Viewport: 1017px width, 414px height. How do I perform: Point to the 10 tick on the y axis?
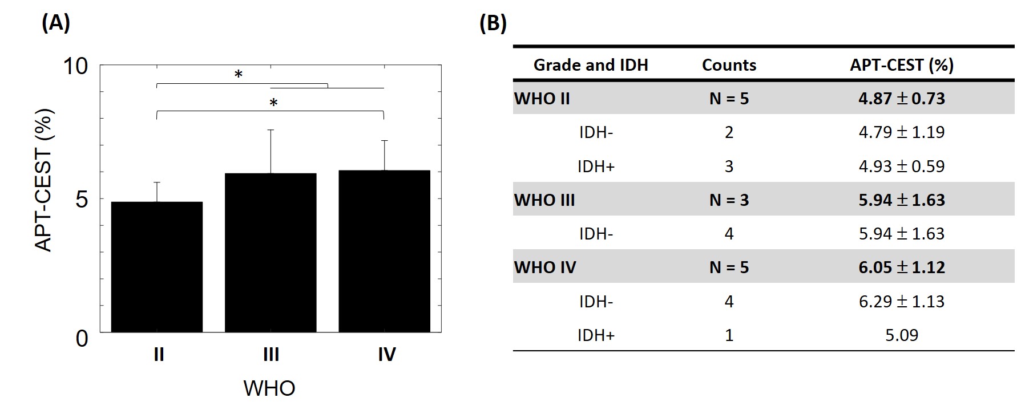pyautogui.click(x=76, y=66)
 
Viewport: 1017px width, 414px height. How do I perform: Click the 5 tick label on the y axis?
pyautogui.click(x=82, y=199)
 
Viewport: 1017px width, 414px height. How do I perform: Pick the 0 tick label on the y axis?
pyautogui.click(x=82, y=338)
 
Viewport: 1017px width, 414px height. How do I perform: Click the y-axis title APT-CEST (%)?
pyautogui.click(x=44, y=180)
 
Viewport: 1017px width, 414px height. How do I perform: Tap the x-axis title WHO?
pyautogui.click(x=269, y=388)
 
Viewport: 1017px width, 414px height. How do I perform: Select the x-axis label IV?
pyautogui.click(x=386, y=355)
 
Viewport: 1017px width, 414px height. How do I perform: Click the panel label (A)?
pyautogui.click(x=56, y=23)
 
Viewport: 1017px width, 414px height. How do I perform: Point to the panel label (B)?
pyautogui.click(x=493, y=23)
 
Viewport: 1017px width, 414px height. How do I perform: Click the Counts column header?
pyautogui.click(x=729, y=65)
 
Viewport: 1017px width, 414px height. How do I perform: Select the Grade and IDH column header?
pyautogui.click(x=591, y=65)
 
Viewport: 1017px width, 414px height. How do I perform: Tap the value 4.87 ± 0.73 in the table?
pyautogui.click(x=902, y=99)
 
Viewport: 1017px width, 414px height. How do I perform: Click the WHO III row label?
pyautogui.click(x=544, y=200)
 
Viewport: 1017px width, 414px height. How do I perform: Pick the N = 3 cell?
pyautogui.click(x=729, y=200)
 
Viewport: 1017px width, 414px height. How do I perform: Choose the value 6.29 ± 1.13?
pyautogui.click(x=902, y=301)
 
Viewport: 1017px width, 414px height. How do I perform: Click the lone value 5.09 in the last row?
pyautogui.click(x=902, y=335)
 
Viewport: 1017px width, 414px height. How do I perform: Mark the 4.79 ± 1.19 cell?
pyautogui.click(x=902, y=132)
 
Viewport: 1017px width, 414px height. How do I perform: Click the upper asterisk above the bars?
pyautogui.click(x=239, y=75)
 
